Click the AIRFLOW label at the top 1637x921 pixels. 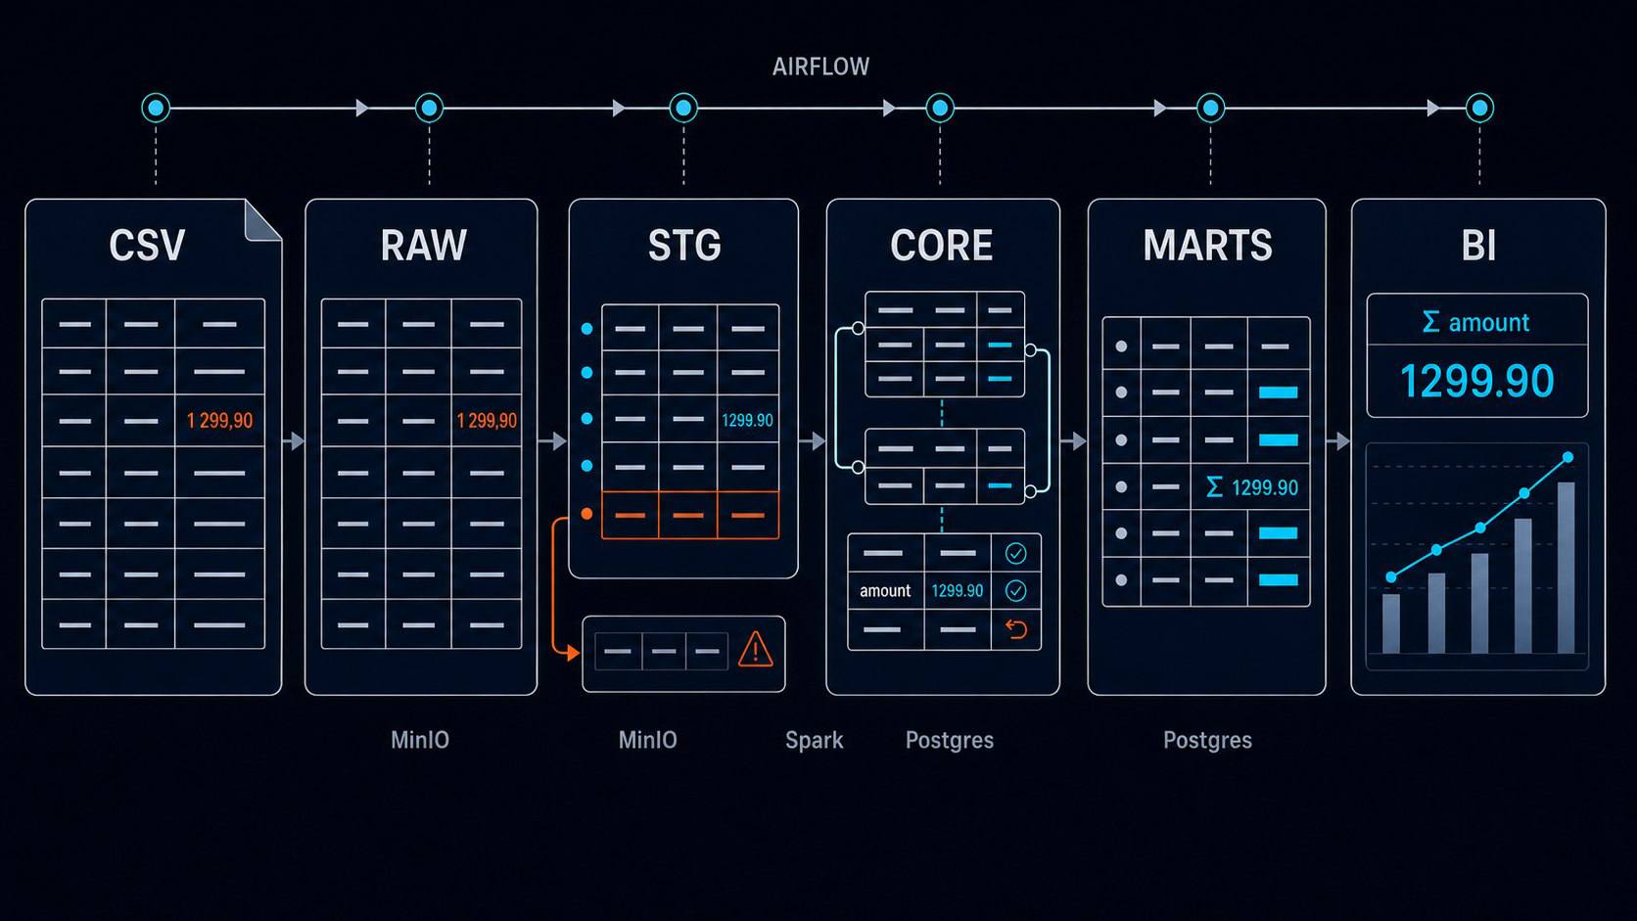pyautogui.click(x=820, y=68)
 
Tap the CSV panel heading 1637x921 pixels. pyautogui.click(x=147, y=246)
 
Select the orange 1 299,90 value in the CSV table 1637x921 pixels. pyautogui.click(x=219, y=421)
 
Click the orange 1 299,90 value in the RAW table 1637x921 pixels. pyautogui.click(x=487, y=421)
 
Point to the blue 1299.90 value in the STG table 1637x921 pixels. pyautogui.click(x=747, y=421)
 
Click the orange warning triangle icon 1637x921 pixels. pyautogui.click(x=756, y=650)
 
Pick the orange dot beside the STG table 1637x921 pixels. pyautogui.click(x=586, y=514)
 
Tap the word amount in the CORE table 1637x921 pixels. pyautogui.click(x=885, y=591)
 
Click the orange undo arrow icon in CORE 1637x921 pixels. pyautogui.click(x=1016, y=629)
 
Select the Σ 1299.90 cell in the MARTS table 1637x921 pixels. pyautogui.click(x=1252, y=487)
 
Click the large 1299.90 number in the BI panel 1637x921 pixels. pyautogui.click(x=1477, y=382)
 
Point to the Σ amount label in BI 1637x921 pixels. pyautogui.click(x=1475, y=322)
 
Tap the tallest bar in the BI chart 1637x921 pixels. pyautogui.click(x=1566, y=568)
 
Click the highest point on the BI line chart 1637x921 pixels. pyautogui.click(x=1567, y=458)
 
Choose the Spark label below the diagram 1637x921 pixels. pyautogui.click(x=815, y=741)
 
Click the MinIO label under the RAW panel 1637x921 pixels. pyautogui.click(x=420, y=740)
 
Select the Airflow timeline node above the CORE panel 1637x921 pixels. pyautogui.click(x=940, y=108)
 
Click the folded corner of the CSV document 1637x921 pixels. pyautogui.click(x=261, y=220)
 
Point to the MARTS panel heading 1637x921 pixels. pyautogui.click(x=1207, y=246)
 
